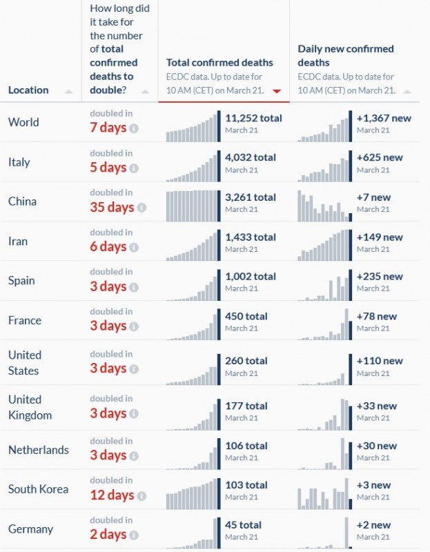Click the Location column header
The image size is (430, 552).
[28, 90]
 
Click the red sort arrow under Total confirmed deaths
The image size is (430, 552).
[277, 91]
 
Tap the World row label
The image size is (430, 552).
[23, 122]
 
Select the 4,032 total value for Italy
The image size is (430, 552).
[251, 157]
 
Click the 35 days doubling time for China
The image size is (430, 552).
[112, 207]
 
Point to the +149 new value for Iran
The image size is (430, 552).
[380, 237]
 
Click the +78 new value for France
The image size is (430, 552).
[377, 316]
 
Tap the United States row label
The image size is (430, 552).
[25, 362]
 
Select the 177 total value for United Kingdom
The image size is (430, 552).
[246, 405]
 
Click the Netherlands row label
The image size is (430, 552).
[39, 450]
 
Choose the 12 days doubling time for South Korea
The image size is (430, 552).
[112, 495]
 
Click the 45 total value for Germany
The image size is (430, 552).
[244, 524]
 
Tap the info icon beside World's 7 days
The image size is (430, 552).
[134, 128]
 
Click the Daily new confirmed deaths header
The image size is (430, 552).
[346, 55]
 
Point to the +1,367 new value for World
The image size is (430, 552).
[384, 118]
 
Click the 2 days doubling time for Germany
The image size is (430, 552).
[108, 535]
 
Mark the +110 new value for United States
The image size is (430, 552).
[380, 361]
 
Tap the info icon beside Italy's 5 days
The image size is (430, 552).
[134, 168]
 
